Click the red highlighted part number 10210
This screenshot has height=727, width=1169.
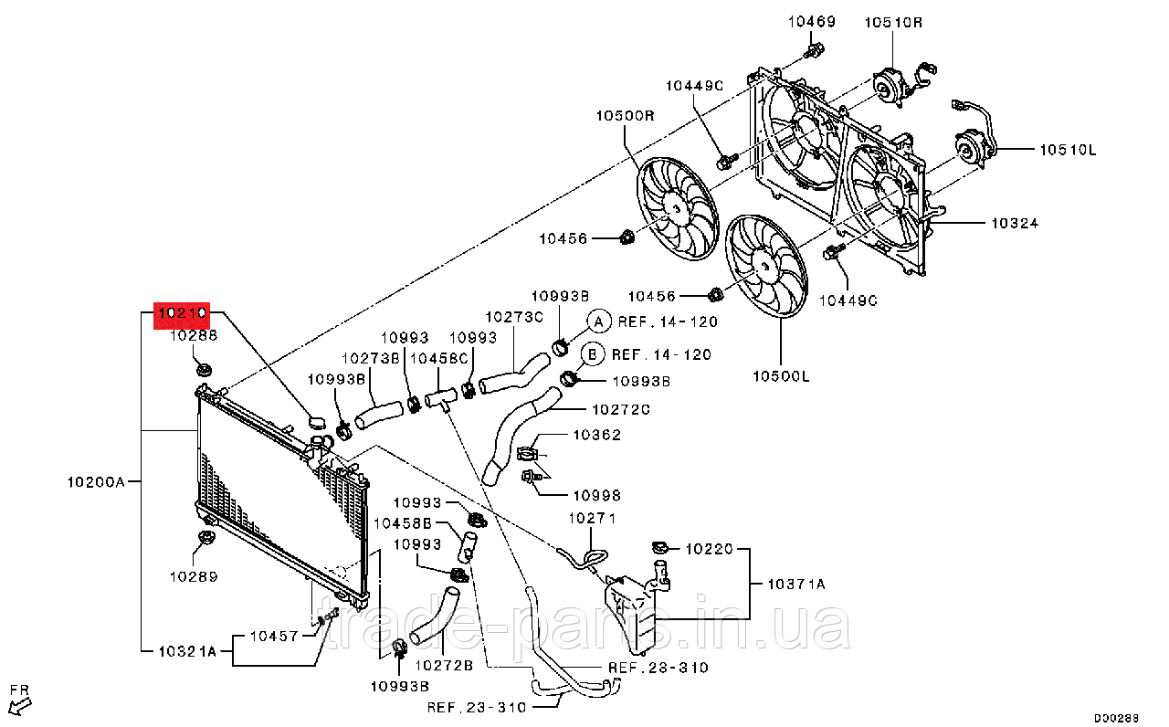click(x=183, y=315)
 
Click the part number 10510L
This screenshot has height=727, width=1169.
click(x=1067, y=150)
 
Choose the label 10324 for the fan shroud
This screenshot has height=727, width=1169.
click(x=1013, y=223)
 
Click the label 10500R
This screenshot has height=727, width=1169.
click(x=627, y=116)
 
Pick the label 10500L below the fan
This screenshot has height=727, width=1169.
click(x=782, y=375)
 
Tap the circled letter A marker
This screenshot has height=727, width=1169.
click(x=597, y=321)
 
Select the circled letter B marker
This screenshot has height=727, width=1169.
click(x=591, y=354)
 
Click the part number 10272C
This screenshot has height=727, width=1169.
click(x=620, y=410)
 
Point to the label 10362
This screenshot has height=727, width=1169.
click(x=597, y=435)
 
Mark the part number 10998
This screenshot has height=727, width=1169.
click(x=596, y=495)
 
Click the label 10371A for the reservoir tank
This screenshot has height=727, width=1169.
click(x=795, y=584)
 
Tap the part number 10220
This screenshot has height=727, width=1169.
click(x=710, y=549)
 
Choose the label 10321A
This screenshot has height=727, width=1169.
click(x=186, y=651)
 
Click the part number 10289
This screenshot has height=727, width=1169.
click(x=193, y=576)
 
